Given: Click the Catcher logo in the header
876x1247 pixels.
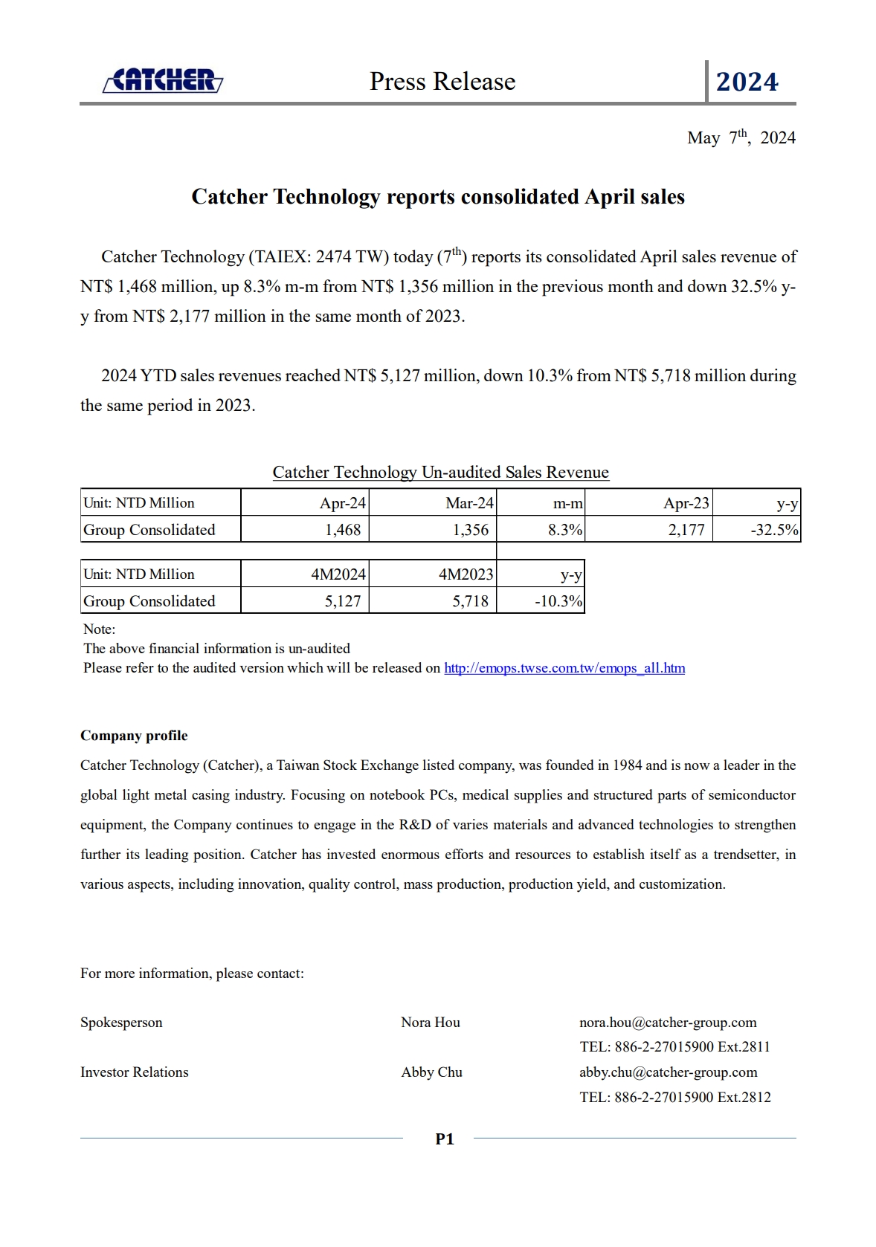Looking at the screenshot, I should tap(163, 80).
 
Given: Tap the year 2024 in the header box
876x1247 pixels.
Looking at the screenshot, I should tap(747, 82).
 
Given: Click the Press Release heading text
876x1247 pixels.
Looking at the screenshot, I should tap(442, 82).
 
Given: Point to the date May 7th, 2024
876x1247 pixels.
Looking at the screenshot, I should tap(741, 137).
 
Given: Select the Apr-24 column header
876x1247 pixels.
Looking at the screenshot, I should tap(342, 503).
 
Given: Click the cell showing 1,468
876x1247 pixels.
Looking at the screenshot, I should tap(343, 530).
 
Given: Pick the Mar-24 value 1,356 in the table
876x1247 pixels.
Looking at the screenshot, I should tap(471, 530).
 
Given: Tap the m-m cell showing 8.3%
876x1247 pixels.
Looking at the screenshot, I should tap(565, 530).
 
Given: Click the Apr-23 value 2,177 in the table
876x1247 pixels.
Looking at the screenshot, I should tap(686, 530).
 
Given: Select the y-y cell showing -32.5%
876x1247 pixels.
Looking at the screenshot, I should tap(774, 530).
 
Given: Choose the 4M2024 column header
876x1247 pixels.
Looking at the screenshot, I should tap(338, 574).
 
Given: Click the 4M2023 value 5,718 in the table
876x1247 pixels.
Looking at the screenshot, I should tap(471, 601).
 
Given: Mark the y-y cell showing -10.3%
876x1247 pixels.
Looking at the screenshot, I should tap(558, 601).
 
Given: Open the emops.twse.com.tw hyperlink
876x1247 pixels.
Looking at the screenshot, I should tap(564, 668).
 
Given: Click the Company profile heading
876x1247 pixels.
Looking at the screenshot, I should tap(134, 736).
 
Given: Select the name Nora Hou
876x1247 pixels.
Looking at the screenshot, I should tap(431, 1023).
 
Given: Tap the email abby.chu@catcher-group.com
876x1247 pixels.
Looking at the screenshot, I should tap(668, 1072).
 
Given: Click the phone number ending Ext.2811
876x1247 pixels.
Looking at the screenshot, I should tap(674, 1047).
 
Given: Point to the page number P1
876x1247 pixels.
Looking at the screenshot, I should tap(445, 1139).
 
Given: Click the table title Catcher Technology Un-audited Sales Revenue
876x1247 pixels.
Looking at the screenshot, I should tap(440, 473).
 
